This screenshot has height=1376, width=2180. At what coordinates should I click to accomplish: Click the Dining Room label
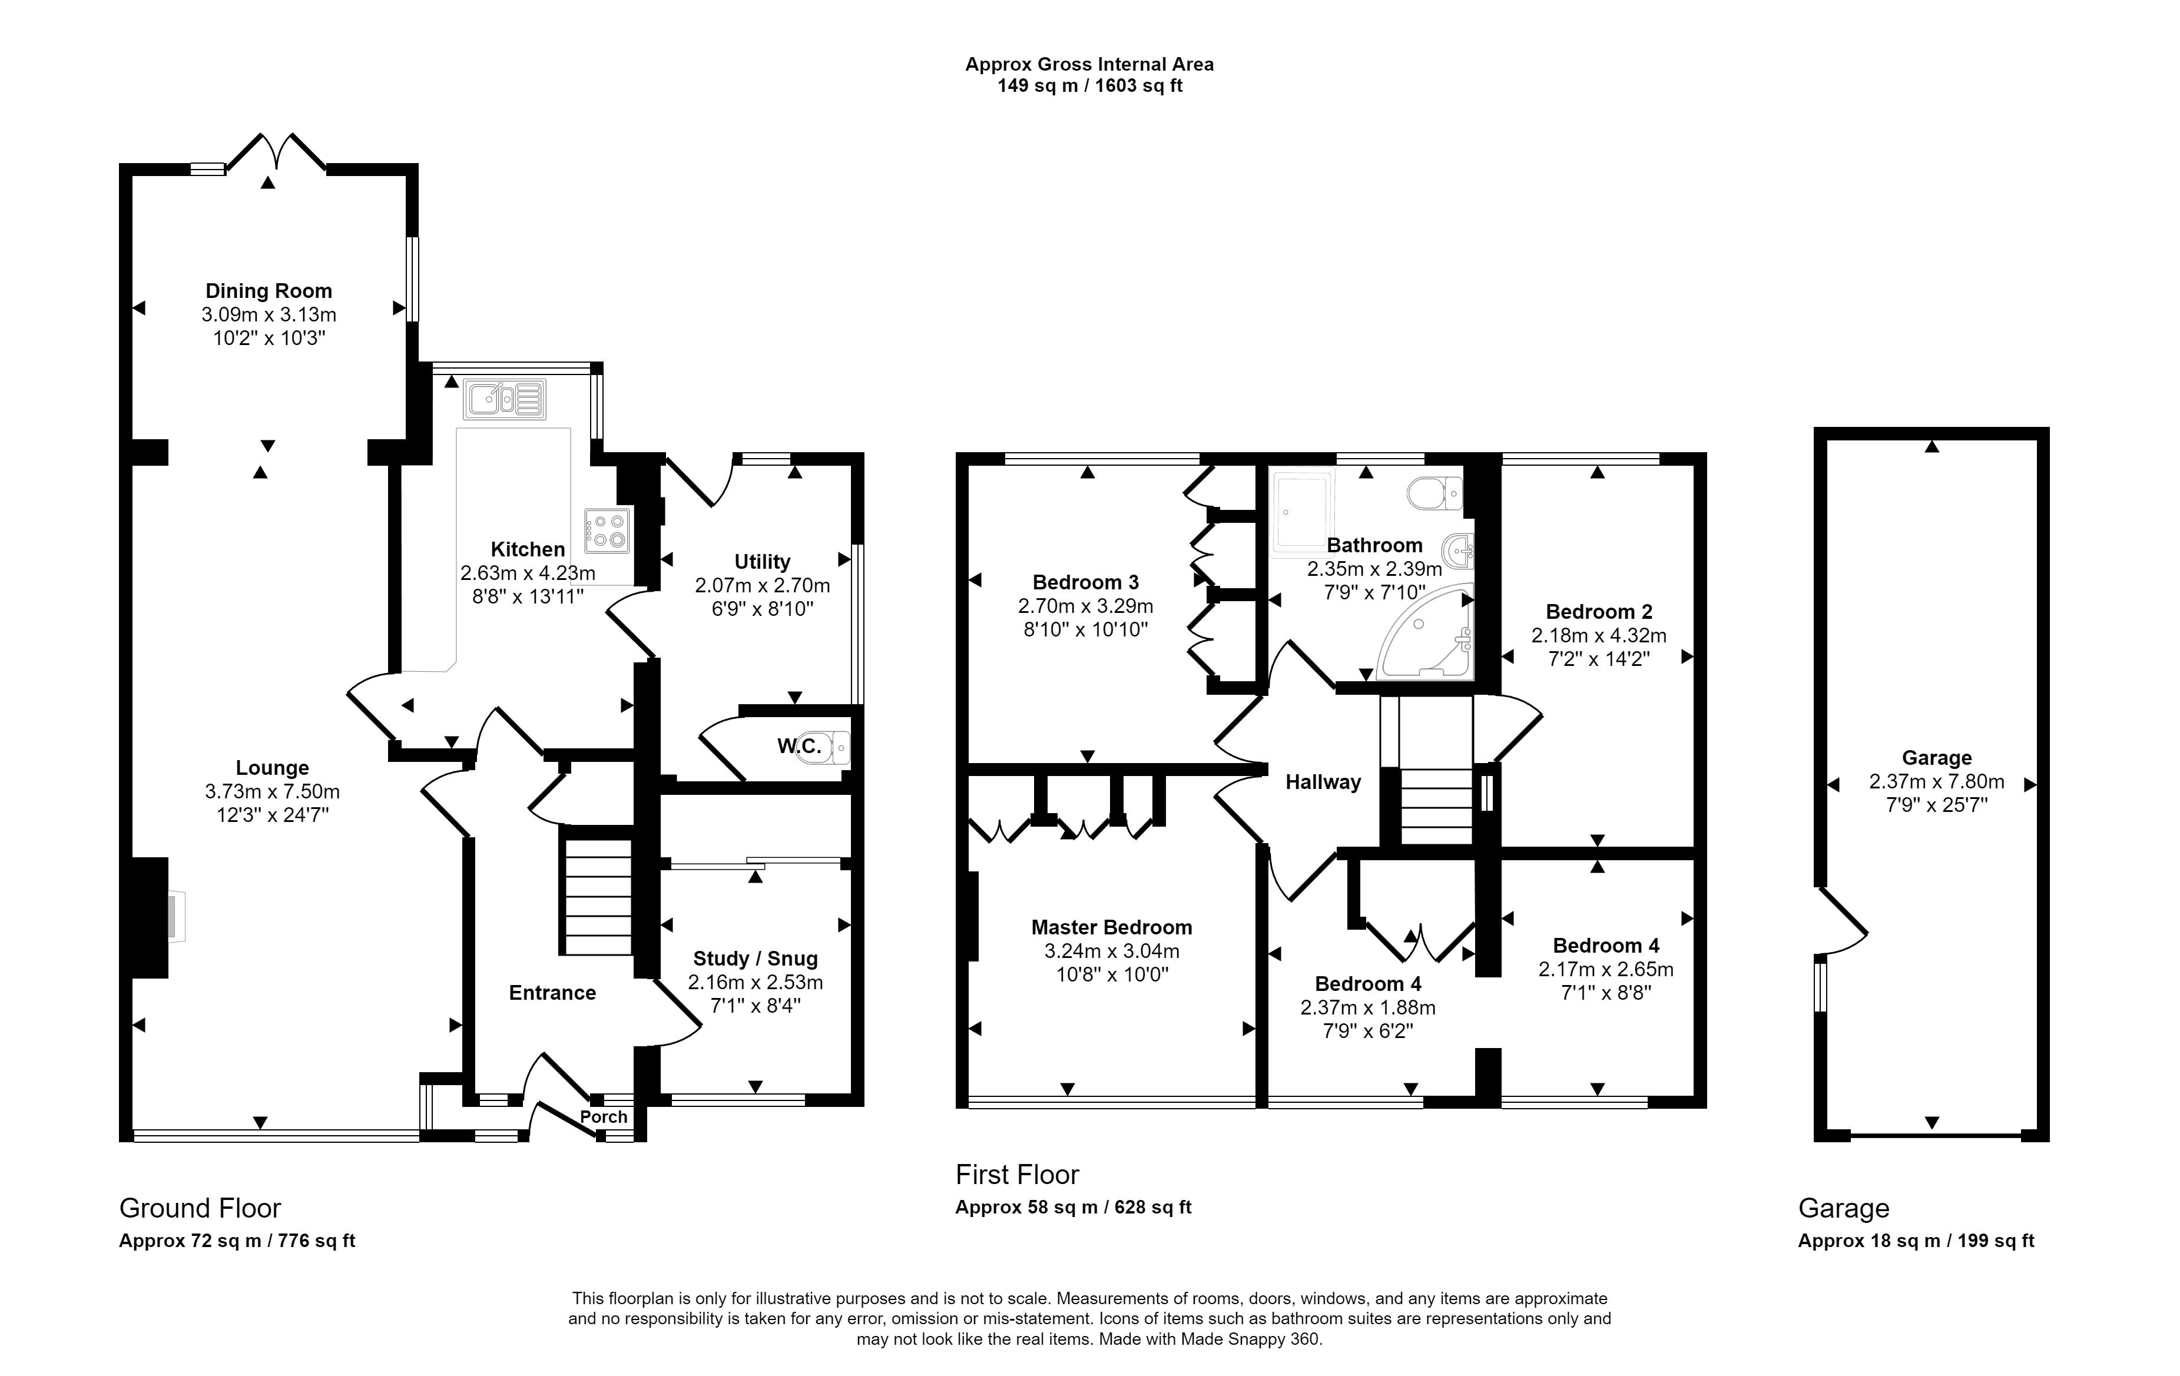point(269,291)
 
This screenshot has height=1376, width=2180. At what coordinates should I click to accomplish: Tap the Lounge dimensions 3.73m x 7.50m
point(273,791)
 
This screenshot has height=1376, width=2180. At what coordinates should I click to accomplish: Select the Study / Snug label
point(755,959)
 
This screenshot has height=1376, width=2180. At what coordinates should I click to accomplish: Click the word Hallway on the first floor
point(1323,782)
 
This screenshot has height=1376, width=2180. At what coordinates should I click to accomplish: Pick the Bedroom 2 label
point(1599,612)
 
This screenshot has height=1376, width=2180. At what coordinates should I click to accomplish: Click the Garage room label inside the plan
point(1936,758)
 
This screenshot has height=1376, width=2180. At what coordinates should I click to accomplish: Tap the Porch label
point(604,1116)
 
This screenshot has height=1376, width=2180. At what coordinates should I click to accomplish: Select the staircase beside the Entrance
point(598,896)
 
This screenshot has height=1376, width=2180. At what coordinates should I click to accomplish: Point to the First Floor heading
point(1018,1175)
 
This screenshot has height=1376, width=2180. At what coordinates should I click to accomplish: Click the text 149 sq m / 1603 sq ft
point(1090,86)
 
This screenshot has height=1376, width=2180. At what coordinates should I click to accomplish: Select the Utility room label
point(762,562)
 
